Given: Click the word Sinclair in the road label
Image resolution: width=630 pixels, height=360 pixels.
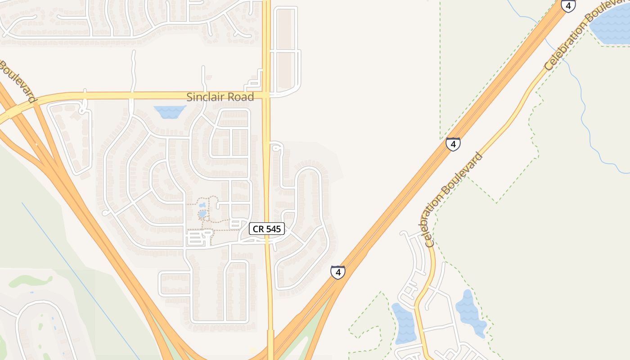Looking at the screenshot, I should click(205, 97).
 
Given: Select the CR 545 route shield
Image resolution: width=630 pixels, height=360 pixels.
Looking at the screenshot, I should click(267, 229).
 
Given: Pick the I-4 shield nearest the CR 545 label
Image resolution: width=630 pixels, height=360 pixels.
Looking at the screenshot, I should click(337, 272).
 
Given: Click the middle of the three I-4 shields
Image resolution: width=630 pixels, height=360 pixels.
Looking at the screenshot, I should click(453, 144).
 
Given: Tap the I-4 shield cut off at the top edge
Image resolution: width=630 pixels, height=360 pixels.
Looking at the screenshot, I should click(568, 5).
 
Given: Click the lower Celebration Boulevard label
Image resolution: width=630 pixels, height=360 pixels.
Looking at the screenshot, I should click(454, 199).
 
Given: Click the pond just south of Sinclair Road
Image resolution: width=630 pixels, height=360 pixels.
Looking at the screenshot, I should click(170, 111).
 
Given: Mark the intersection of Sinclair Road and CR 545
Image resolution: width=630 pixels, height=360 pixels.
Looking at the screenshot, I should click(266, 95).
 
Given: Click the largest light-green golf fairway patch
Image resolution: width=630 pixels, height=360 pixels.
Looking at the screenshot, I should click(31, 281).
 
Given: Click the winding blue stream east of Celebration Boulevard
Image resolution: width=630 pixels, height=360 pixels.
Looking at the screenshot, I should click(585, 112).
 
